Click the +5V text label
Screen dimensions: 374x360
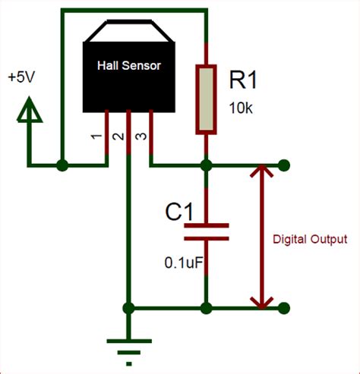point(21,78)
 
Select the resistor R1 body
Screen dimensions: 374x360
point(206,99)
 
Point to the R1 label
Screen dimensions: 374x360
point(245,80)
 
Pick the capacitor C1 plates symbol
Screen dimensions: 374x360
point(206,231)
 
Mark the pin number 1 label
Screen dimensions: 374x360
point(94,139)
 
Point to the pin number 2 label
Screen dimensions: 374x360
point(116,139)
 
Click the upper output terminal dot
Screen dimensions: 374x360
point(284,165)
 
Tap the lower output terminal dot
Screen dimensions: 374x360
point(284,307)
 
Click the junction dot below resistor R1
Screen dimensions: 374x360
point(206,165)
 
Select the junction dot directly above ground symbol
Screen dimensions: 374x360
point(129,307)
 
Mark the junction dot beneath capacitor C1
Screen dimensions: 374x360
point(206,307)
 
